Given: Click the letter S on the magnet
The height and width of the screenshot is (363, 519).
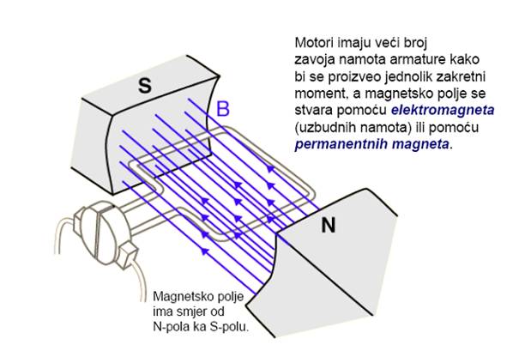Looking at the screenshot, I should point(145,83).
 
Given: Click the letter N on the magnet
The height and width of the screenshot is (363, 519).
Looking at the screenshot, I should point(328,226).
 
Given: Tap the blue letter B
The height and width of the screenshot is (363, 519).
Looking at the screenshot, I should point(223,109).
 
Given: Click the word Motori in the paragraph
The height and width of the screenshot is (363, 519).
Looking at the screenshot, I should point(312,43).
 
